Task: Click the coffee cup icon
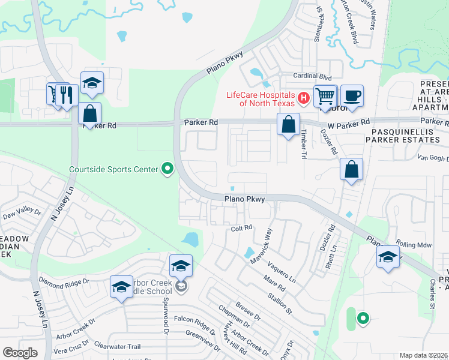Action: point(353,95)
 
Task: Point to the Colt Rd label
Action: point(241,229)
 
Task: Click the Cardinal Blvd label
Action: point(312,77)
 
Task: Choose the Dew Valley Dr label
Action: point(22,214)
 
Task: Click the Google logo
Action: point(20,353)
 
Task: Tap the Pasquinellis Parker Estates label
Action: point(406,135)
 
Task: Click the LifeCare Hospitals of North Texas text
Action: point(260,99)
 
